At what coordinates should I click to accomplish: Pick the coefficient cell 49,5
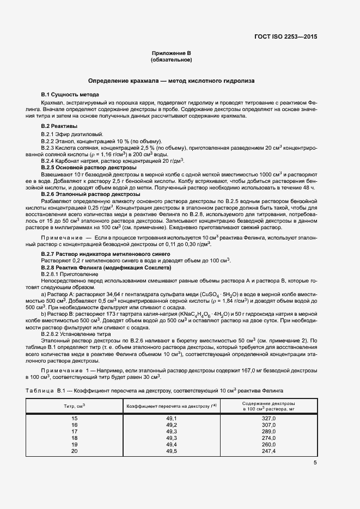click(172, 451)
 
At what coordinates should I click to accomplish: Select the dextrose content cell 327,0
click(269, 418)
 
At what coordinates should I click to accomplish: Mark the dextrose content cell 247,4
click(269, 451)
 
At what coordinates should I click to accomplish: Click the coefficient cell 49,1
click(172, 418)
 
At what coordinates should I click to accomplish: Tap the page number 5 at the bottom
click(315, 463)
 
